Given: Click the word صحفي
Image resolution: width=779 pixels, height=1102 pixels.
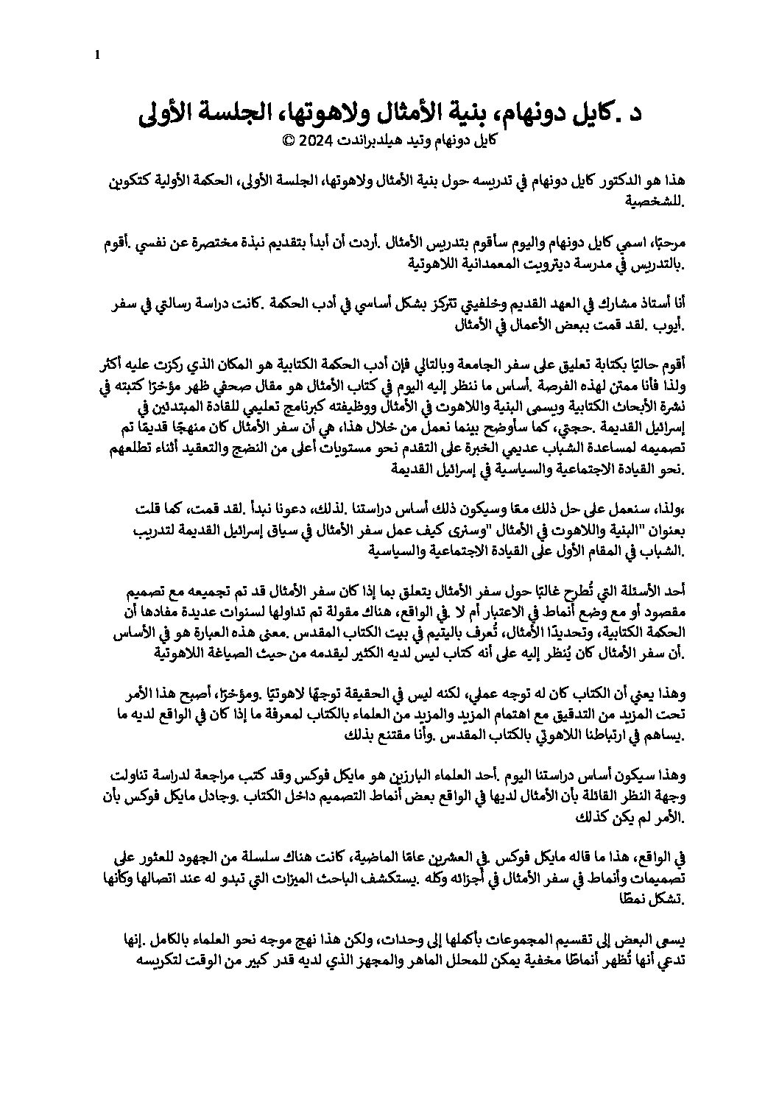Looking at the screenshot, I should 312,384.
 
